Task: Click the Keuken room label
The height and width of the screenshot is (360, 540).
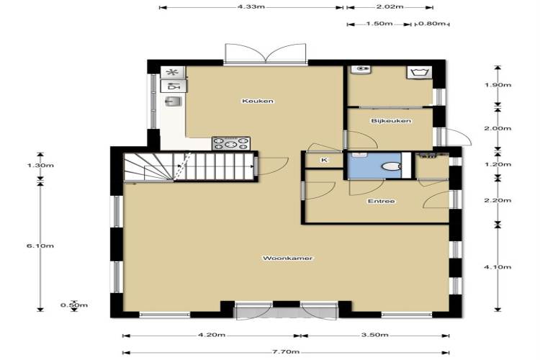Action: click(258, 101)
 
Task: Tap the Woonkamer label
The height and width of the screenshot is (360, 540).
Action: click(287, 258)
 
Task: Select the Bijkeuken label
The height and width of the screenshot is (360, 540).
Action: click(391, 121)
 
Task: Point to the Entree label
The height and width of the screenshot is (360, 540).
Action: click(381, 201)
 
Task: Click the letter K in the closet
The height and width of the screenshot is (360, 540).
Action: click(325, 160)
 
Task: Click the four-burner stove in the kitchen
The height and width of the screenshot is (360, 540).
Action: click(230, 144)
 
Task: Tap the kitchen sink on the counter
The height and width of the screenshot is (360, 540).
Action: click(173, 102)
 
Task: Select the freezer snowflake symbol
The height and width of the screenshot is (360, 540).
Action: click(173, 72)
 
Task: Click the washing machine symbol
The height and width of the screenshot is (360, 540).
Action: click(420, 73)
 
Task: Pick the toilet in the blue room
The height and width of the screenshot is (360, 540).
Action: click(392, 166)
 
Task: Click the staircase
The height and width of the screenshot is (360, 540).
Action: click(189, 167)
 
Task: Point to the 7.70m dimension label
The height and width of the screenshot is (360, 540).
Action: click(286, 352)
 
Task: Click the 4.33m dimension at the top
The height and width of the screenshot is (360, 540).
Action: click(251, 6)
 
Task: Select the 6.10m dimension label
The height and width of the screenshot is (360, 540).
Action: click(40, 246)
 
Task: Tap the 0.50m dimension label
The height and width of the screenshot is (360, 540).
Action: click(74, 305)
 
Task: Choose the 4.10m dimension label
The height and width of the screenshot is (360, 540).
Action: click(498, 267)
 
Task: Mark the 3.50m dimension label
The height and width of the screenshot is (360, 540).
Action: click(374, 335)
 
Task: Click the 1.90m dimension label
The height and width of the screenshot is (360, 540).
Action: click(498, 85)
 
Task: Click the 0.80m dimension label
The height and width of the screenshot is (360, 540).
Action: click(432, 24)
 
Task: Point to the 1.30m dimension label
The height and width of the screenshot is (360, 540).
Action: click(40, 166)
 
